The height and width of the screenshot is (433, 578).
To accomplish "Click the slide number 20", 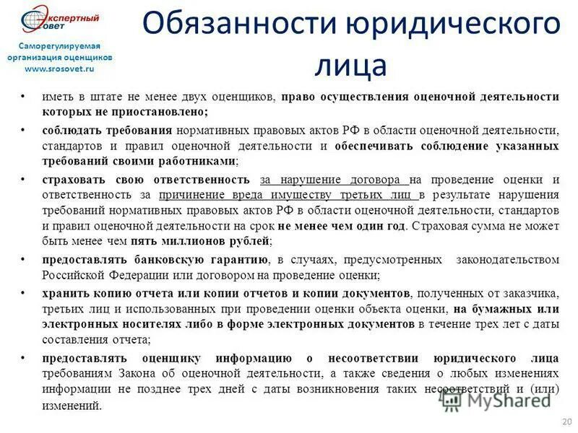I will (566, 421).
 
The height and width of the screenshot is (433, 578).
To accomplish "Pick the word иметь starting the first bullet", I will (57, 97).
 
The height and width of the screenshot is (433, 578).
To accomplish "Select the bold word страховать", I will (72, 180).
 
